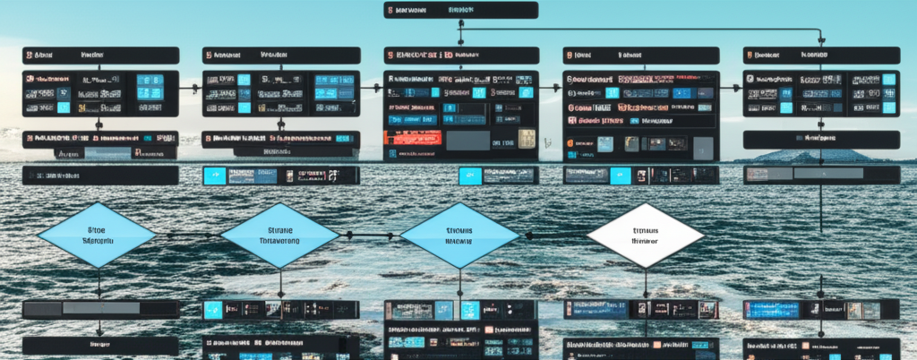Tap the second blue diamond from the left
pos(279,235)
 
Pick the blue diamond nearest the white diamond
pos(459,235)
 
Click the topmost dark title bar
pos(461,10)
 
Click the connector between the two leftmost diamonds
pos(187,236)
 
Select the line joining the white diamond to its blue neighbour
pos(553,236)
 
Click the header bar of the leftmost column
pos(101,55)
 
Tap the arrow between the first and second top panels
pos(191,89)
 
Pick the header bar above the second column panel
pos(280,55)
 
